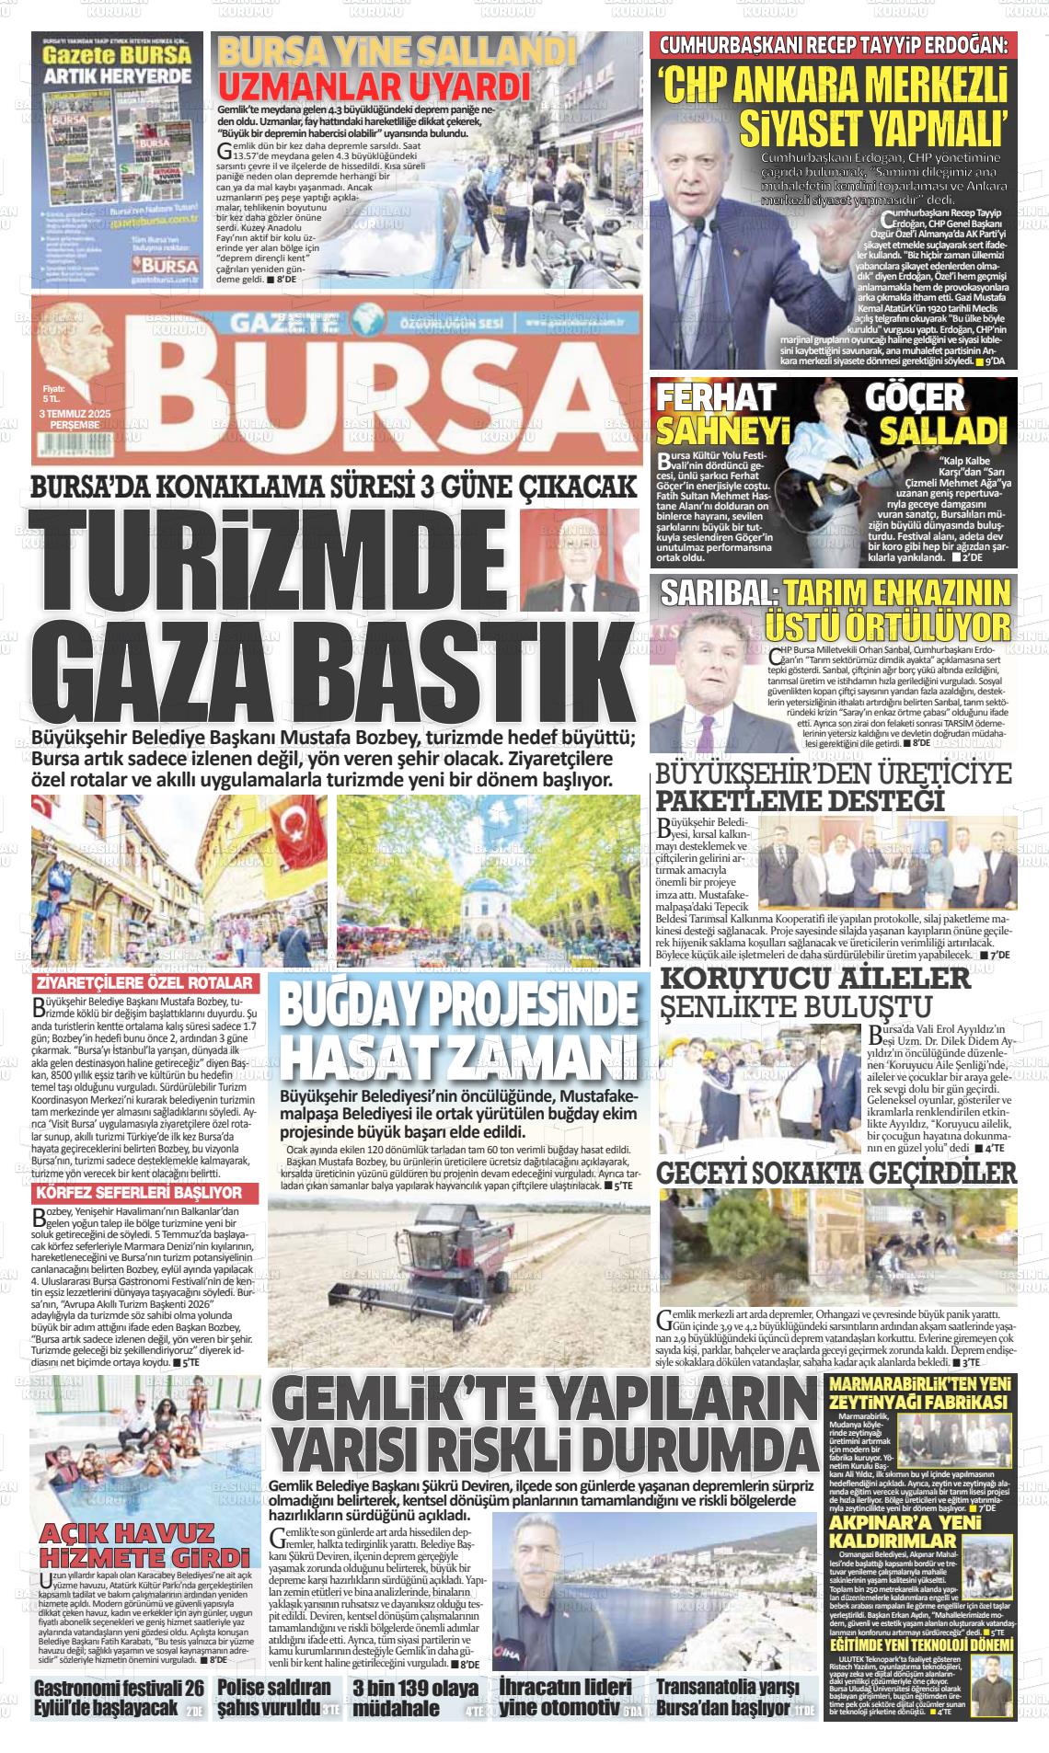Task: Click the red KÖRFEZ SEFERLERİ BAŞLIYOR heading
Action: coord(138,1192)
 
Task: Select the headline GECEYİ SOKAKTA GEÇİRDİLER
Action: coord(836,1173)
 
